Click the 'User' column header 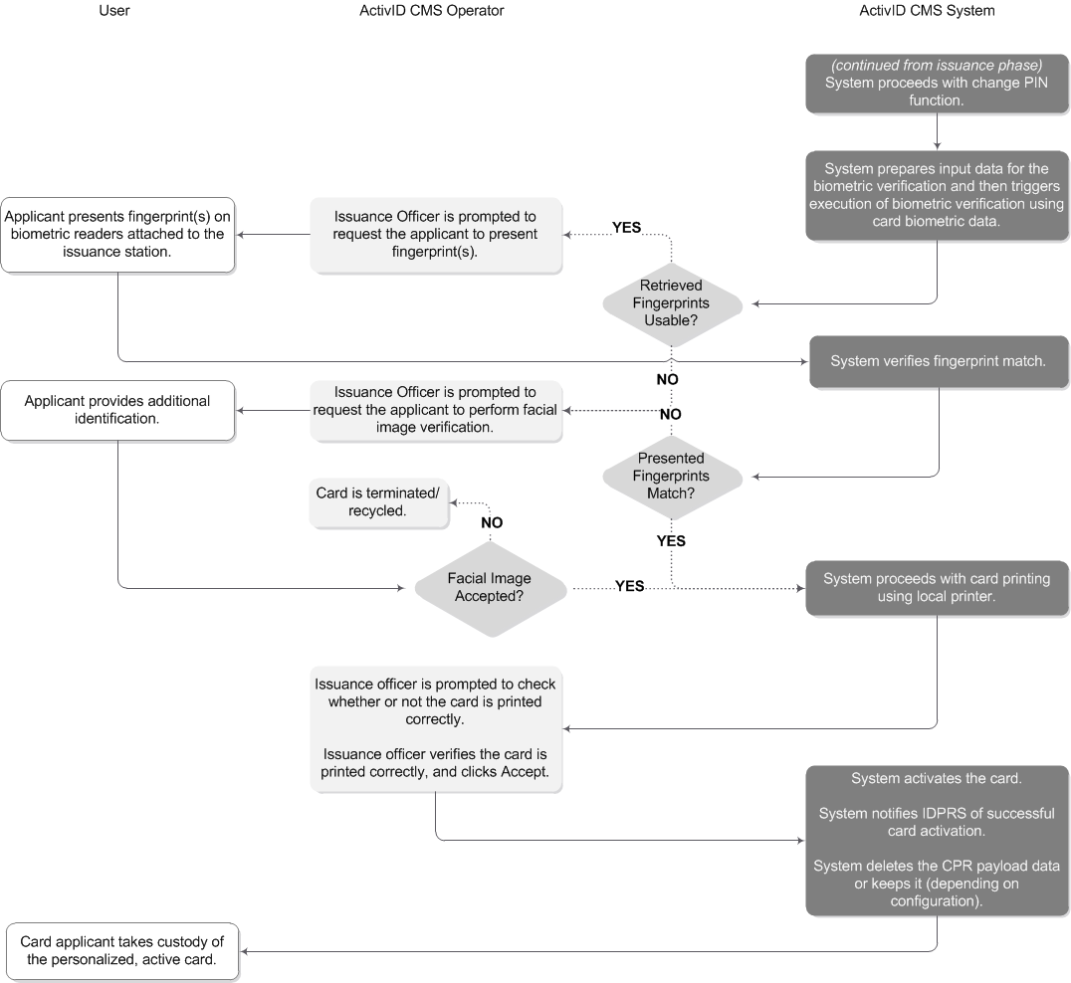(x=114, y=11)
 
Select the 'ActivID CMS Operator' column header (x=431, y=11)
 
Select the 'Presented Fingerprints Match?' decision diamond (x=672, y=476)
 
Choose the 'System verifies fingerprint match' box (x=938, y=361)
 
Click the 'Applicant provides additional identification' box (x=117, y=410)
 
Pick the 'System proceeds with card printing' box (x=937, y=587)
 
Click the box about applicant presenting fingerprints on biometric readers (x=117, y=234)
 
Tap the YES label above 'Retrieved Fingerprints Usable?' (x=626, y=228)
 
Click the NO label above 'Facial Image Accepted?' (x=491, y=522)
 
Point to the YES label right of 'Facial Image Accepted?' (x=629, y=586)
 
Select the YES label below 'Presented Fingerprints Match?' (x=671, y=541)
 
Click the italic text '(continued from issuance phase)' (x=937, y=65)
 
